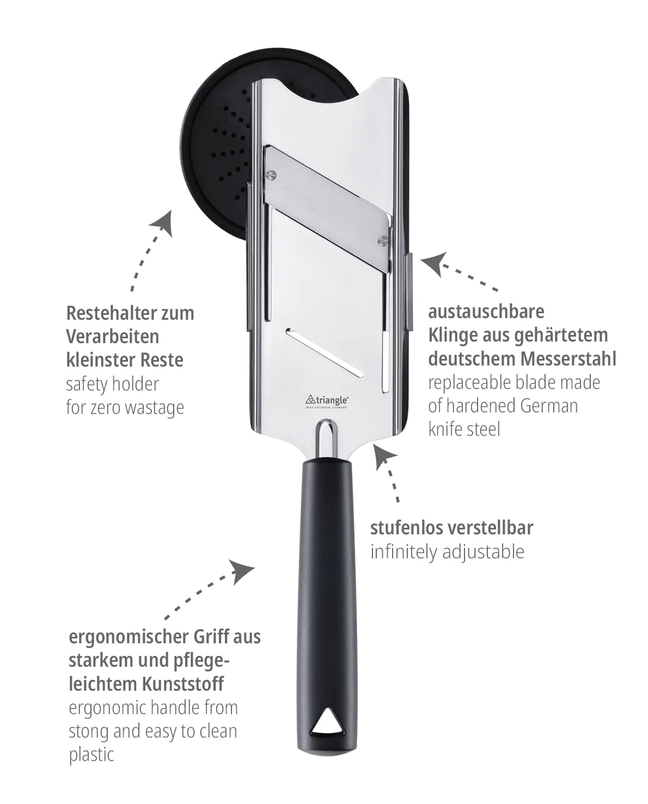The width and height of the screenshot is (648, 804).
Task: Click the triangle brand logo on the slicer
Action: coord(327,401)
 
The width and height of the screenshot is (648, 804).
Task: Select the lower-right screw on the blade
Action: coord(383,240)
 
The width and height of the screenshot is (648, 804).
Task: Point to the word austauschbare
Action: coord(486,312)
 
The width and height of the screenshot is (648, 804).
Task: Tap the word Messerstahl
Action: coord(568,358)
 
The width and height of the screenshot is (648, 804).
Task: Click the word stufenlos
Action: coord(406,528)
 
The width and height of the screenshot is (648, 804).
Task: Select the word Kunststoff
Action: coord(182,685)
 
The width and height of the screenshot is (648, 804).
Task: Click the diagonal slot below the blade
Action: coord(325,352)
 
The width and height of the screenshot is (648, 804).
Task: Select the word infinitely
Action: coord(404,552)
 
